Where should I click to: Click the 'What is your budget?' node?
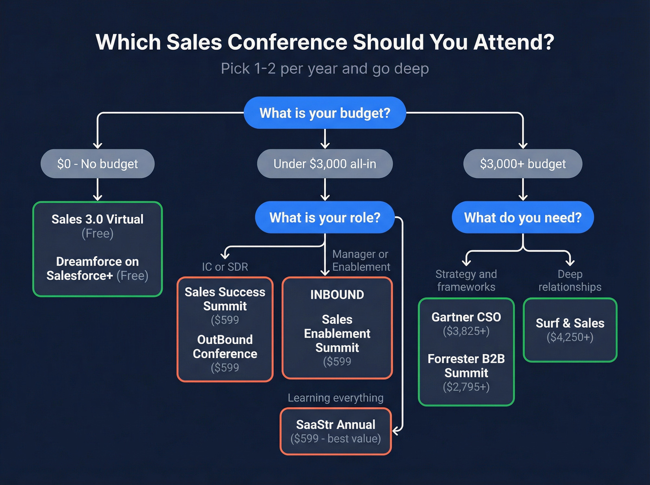325,113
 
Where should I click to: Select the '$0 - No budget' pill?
97,164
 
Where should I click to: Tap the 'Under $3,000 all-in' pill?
325,164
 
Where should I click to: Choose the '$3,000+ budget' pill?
523,164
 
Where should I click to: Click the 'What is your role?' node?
325,218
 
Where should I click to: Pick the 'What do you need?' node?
523,218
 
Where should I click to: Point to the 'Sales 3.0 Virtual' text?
97,219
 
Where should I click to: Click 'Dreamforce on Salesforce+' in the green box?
92,268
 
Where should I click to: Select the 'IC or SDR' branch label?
225,267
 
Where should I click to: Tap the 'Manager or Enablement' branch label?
361,260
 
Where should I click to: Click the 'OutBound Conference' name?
225,347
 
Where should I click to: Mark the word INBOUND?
337,295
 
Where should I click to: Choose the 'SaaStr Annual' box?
336,431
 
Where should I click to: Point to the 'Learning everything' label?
336,398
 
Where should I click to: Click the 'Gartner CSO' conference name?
466,317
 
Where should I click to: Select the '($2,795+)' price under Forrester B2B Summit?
466,387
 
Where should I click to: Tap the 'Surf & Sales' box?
570,330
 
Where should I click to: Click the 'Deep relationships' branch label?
570,280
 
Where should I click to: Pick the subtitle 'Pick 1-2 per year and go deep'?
325,69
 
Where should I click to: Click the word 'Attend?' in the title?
513,42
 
